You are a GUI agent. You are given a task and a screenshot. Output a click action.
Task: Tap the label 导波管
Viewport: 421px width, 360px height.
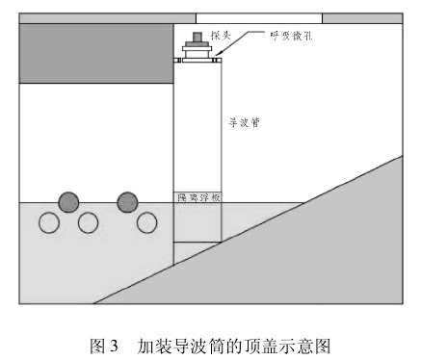point(244,124)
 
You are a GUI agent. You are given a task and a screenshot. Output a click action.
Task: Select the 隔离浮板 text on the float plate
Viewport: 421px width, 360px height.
point(197,197)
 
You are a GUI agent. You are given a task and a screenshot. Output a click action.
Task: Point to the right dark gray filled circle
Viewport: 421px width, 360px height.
point(127,201)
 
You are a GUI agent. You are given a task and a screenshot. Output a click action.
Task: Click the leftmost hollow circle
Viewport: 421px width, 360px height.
point(49,223)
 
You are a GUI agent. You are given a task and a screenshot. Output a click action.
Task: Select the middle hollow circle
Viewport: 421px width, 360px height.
point(88,223)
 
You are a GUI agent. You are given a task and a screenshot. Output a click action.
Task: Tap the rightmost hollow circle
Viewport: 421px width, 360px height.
point(146,223)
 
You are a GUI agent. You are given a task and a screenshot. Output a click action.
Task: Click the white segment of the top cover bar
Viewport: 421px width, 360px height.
point(258,18)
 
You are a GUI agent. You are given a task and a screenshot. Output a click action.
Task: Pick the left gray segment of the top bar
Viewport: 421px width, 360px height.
point(107,18)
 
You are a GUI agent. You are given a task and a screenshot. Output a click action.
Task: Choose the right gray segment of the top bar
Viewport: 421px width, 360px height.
point(361,18)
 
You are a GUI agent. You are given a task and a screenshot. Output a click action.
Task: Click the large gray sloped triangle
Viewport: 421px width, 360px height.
point(318,250)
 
